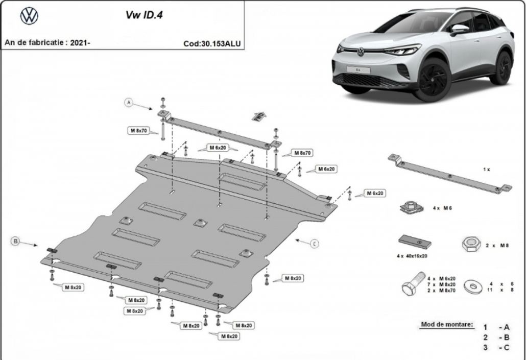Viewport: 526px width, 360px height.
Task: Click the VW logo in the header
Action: (29, 16)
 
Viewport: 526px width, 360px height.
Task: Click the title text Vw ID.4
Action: (144, 15)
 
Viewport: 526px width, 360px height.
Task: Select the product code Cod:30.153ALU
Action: (212, 43)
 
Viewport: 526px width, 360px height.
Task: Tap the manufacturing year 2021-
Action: (80, 42)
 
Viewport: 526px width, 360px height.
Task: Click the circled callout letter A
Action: (129, 103)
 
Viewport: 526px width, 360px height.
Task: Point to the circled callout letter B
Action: (15, 241)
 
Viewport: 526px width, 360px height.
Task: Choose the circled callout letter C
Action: (315, 244)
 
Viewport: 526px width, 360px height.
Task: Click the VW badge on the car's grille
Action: (361, 52)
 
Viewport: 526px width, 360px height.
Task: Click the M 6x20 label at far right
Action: (375, 193)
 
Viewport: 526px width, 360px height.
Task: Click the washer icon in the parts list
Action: (473, 286)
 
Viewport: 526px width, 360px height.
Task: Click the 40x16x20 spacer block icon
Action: (415, 242)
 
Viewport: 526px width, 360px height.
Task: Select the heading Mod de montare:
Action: (447, 324)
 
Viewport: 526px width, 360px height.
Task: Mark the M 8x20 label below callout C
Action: (293, 278)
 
